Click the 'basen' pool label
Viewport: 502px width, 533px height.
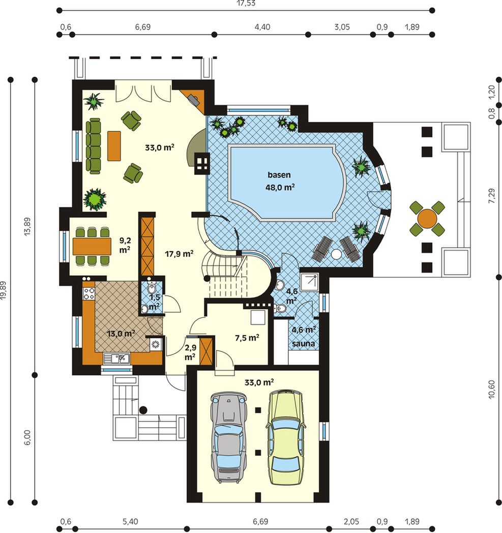pyautogui.click(x=279, y=175)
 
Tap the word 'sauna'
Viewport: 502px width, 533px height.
pyautogui.click(x=304, y=344)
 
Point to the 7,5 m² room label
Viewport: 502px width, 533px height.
pyautogui.click(x=247, y=338)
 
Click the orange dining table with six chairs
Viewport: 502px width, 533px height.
pyautogui.click(x=92, y=246)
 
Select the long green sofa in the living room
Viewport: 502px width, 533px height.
pyautogui.click(x=93, y=146)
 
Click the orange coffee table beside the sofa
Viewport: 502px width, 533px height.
pyautogui.click(x=114, y=146)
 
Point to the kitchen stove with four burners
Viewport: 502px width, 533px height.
pyautogui.click(x=89, y=293)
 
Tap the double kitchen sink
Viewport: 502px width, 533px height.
pyautogui.click(x=116, y=358)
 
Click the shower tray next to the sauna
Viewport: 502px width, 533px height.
pyautogui.click(x=309, y=282)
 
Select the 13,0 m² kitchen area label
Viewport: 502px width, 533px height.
pyautogui.click(x=121, y=334)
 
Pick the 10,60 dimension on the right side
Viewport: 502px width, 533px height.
pyautogui.click(x=492, y=389)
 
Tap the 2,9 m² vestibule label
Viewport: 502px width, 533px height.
pyautogui.click(x=190, y=352)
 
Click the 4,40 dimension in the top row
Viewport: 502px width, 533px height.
pyautogui.click(x=262, y=27)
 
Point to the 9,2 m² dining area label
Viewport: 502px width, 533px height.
pyautogui.click(x=125, y=245)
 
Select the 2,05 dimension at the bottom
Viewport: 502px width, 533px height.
pyautogui.click(x=351, y=521)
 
